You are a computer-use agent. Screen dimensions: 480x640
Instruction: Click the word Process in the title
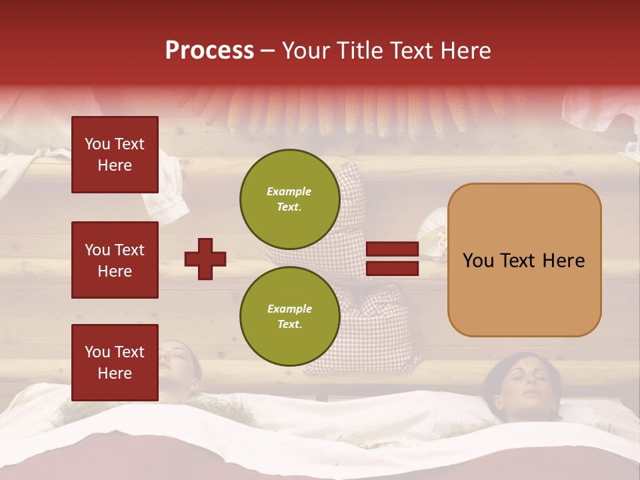209,51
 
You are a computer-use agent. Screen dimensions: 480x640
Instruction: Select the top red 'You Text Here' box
115,155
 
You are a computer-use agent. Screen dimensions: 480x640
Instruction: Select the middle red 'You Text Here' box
115,260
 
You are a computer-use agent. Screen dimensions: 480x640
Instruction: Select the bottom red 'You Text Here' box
115,363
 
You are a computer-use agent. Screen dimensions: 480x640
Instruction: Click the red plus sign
205,259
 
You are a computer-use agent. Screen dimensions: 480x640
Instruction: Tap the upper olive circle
289,199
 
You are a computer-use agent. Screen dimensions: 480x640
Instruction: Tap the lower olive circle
289,316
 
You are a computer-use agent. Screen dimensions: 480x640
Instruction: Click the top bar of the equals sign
392,249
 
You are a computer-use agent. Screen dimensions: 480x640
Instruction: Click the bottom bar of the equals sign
392,268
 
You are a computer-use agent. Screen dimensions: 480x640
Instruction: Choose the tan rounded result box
524,260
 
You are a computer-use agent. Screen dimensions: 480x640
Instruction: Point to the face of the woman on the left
177,363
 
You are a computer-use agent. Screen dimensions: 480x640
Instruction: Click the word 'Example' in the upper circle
289,191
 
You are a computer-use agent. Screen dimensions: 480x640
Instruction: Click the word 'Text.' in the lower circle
289,325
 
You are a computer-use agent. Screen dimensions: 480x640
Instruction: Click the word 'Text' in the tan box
523,261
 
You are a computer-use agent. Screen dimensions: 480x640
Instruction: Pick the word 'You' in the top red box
97,144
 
